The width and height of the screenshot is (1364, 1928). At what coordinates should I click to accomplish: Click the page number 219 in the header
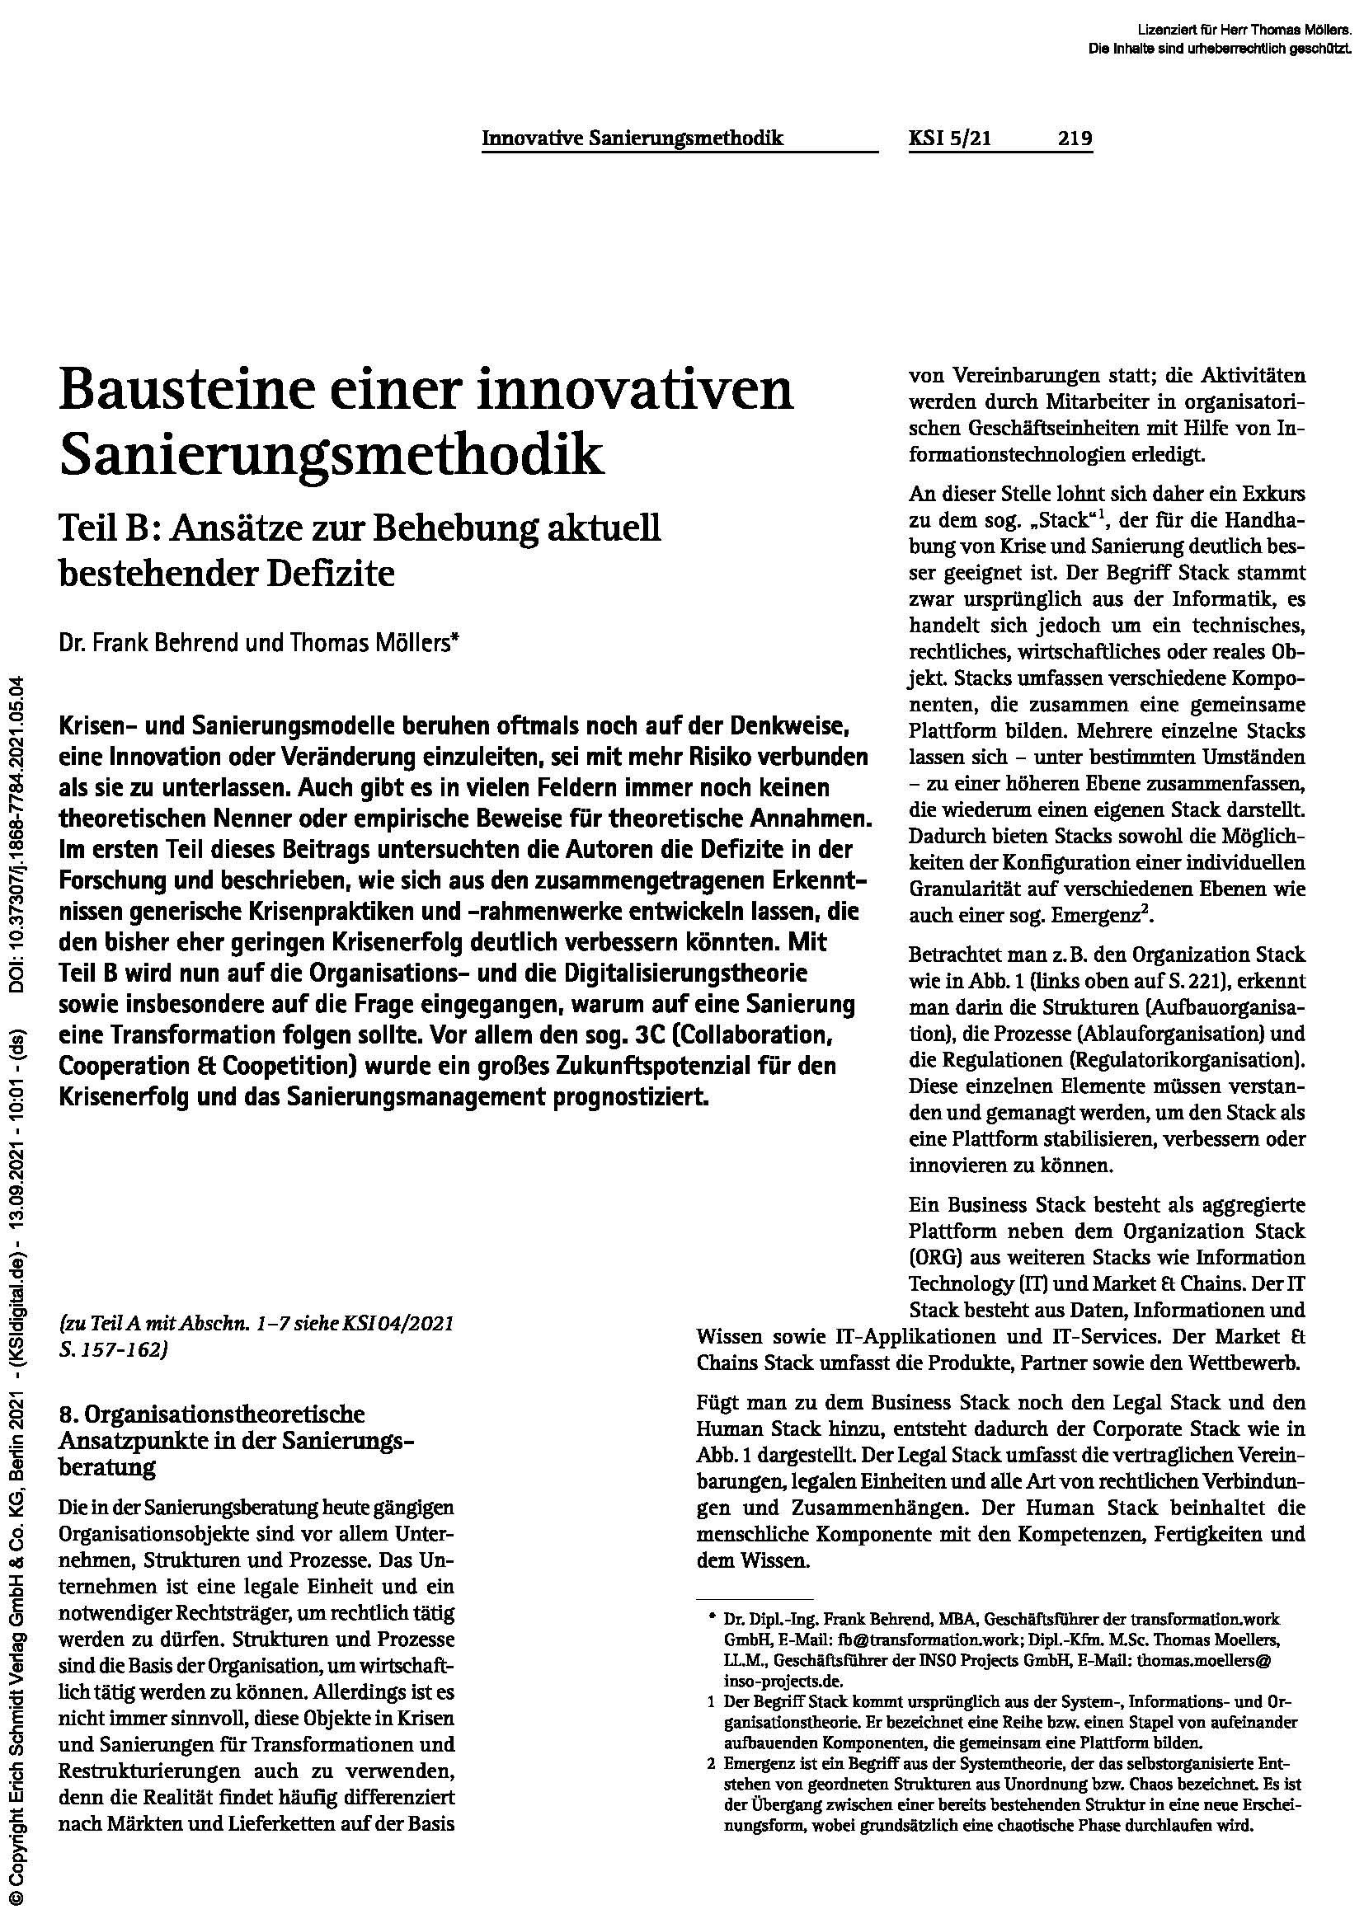point(1075,138)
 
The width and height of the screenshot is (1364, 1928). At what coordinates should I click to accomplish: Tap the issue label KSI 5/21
point(950,138)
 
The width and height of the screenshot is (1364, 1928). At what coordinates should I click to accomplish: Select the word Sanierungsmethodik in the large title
point(332,455)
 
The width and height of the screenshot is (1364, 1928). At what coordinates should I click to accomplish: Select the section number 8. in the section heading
point(68,1415)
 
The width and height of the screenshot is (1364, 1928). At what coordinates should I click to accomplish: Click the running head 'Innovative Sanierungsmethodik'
point(633,138)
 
